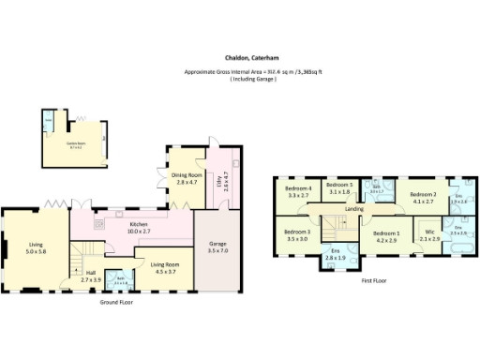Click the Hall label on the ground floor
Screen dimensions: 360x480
click(x=90, y=276)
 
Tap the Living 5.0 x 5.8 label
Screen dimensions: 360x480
click(x=36, y=248)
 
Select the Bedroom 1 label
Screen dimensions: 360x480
click(x=386, y=236)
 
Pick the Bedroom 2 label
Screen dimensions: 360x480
click(x=422, y=197)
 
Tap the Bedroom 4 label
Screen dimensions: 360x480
click(x=298, y=193)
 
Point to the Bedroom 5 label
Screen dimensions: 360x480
click(x=337, y=188)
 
